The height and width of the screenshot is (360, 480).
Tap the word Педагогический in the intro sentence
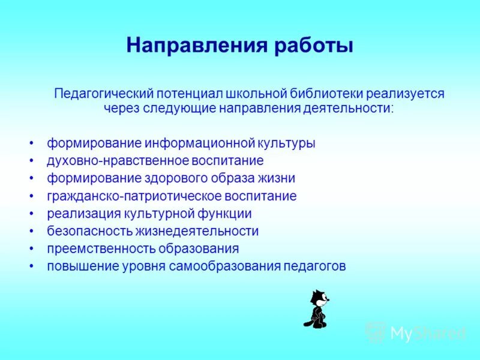pos(103,94)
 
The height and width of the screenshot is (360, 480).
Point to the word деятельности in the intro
pos(355,109)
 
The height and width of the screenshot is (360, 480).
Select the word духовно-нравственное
pos(118,161)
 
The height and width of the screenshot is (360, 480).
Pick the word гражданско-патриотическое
pos(135,196)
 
